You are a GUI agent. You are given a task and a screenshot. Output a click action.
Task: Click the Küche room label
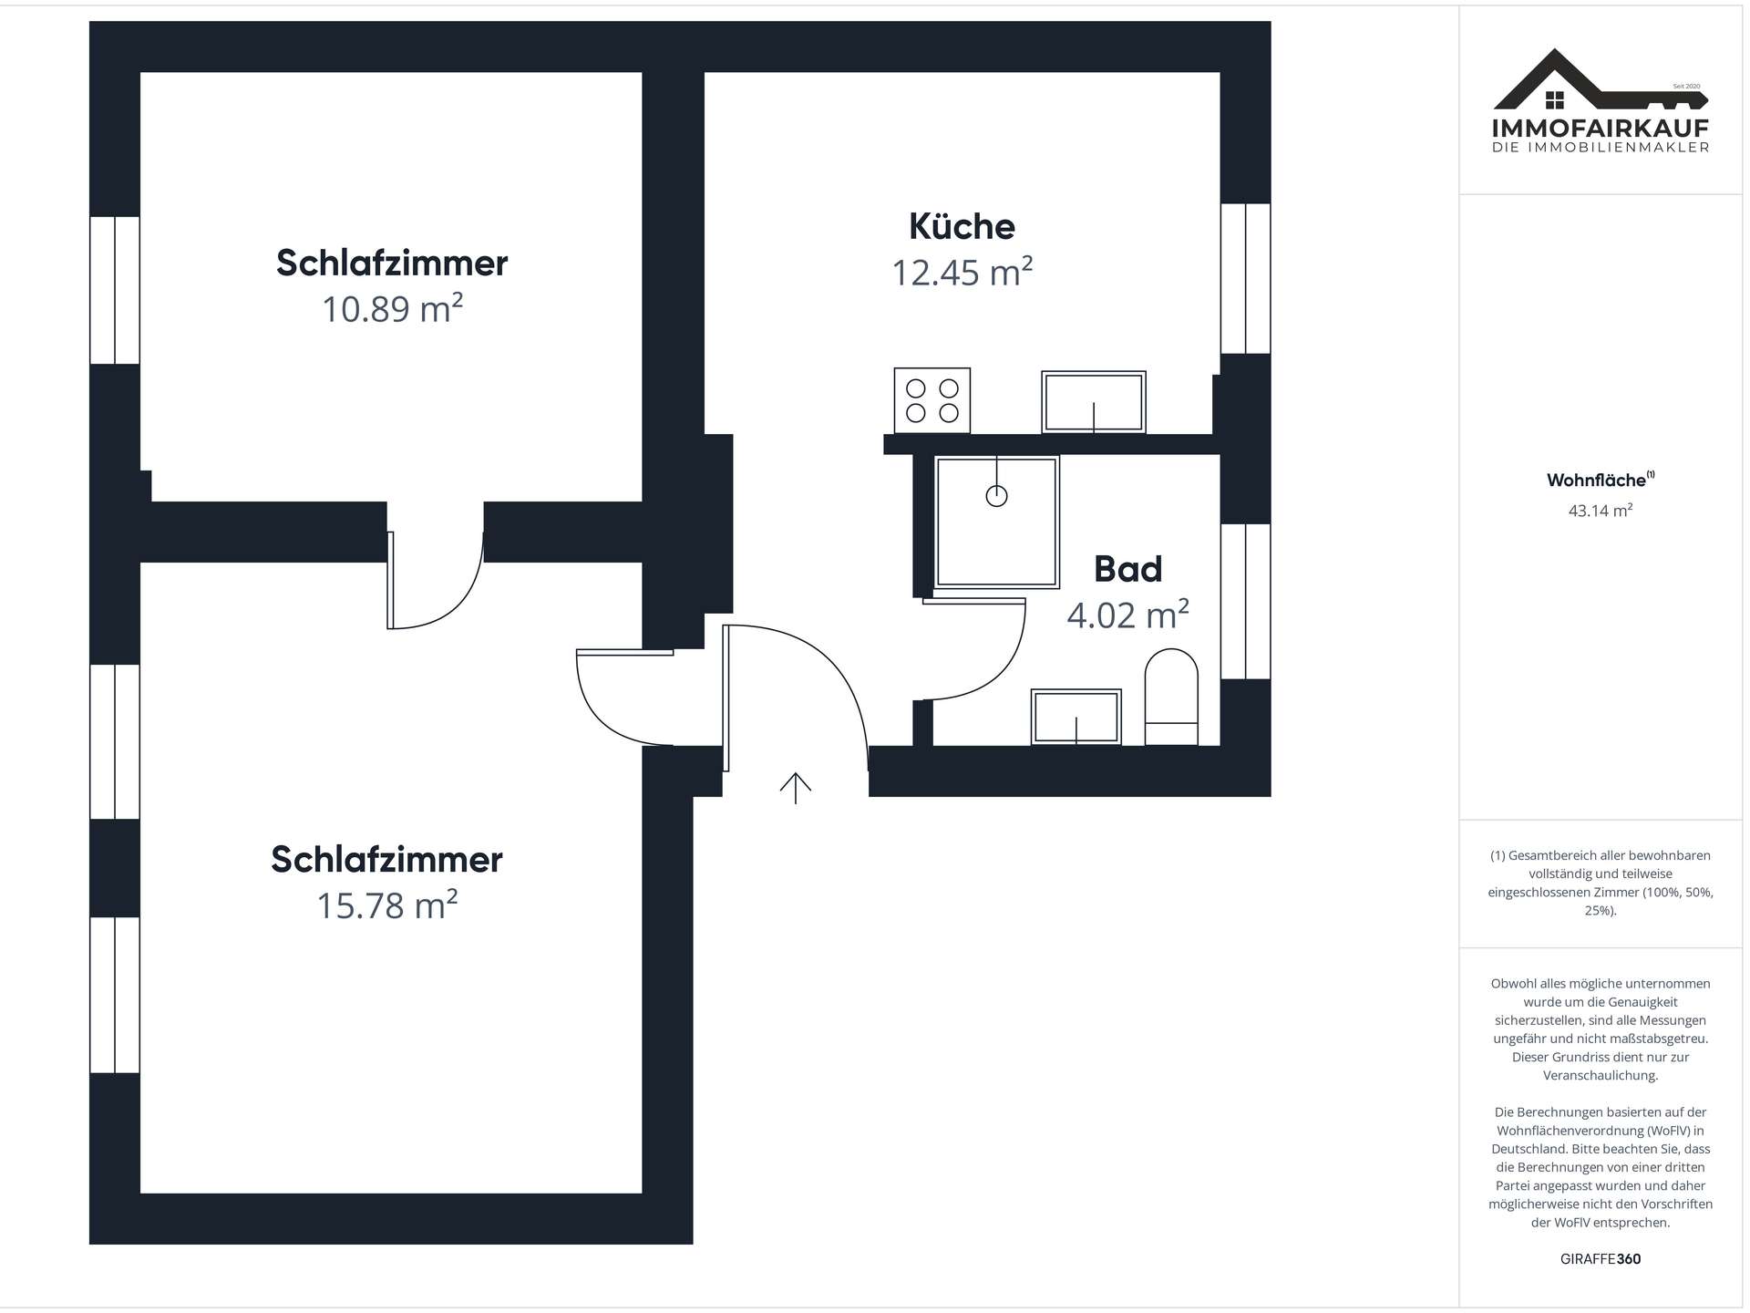[x=962, y=226]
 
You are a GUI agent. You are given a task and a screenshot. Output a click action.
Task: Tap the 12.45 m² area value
[x=962, y=273]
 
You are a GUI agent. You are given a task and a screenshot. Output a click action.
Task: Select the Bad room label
[x=1127, y=569]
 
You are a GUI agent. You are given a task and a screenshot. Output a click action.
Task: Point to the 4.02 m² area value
[x=1127, y=615]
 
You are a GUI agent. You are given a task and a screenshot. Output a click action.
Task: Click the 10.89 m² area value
[x=392, y=309]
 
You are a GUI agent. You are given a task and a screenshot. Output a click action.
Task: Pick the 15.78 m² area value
[x=386, y=905]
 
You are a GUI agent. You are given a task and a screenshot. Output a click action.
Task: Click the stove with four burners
[x=932, y=400]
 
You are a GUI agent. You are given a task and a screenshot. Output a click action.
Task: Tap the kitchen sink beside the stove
[x=1093, y=402]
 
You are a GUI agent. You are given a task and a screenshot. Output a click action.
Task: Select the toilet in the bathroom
[x=1170, y=697]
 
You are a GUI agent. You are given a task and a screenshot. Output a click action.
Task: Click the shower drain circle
[x=996, y=496]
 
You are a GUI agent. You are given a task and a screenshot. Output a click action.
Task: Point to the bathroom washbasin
[x=1076, y=717]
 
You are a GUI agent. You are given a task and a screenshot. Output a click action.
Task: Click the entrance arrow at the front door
[x=795, y=788]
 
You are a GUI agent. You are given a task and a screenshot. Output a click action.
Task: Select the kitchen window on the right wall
[x=1245, y=278]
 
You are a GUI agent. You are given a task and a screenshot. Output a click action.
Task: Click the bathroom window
[x=1245, y=601]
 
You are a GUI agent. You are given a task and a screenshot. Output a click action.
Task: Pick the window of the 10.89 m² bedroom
[x=115, y=290]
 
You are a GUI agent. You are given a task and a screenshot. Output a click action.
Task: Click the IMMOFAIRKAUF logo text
[x=1600, y=129]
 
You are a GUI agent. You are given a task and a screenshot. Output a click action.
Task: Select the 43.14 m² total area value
[x=1600, y=511]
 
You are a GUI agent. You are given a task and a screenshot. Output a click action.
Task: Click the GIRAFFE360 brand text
[x=1600, y=1259]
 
